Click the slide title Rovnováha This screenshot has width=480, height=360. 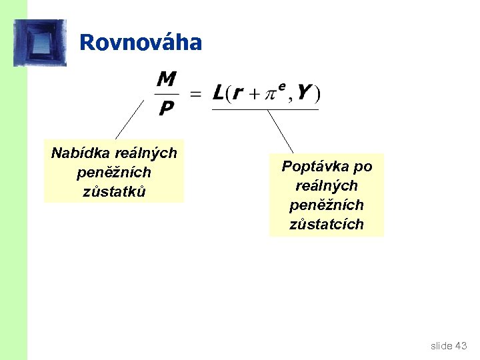point(140,43)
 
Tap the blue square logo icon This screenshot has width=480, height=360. point(40,43)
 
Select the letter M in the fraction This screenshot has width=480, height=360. point(167,81)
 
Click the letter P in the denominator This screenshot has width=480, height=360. point(166,108)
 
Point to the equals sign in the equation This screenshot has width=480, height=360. point(196,94)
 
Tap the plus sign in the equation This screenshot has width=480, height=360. point(255,95)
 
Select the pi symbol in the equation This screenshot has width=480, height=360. point(271,95)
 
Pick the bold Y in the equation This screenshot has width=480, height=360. point(303,93)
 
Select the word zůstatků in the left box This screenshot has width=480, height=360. point(114,191)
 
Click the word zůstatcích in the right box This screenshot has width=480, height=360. point(327,224)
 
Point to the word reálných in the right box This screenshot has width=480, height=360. point(327,185)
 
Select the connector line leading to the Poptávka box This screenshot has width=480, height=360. point(280,131)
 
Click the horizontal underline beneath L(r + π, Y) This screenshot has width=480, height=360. point(265,109)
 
